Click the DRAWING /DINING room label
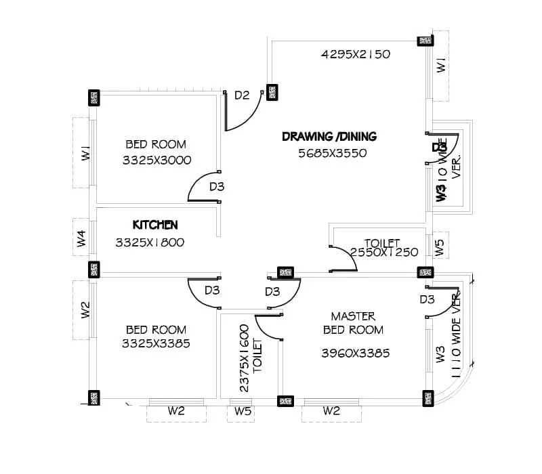pyautogui.click(x=329, y=137)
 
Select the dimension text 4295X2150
pyautogui.click(x=355, y=54)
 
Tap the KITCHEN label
pyautogui.click(x=155, y=225)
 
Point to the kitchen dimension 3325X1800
pyautogui.click(x=150, y=242)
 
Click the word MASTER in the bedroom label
pyautogui.click(x=353, y=316)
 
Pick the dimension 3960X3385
pyautogui.click(x=355, y=353)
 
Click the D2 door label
pyautogui.click(x=242, y=95)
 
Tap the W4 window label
pyautogui.click(x=81, y=238)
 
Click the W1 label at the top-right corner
pyautogui.click(x=441, y=66)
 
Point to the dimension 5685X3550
pyautogui.click(x=332, y=153)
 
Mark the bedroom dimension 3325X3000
pyautogui.click(x=157, y=160)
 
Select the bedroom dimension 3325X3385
pyautogui.click(x=155, y=343)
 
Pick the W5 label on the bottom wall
pyautogui.click(x=242, y=410)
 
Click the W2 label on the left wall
pyautogui.click(x=85, y=309)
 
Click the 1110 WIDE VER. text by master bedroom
pyautogui.click(x=451, y=332)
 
